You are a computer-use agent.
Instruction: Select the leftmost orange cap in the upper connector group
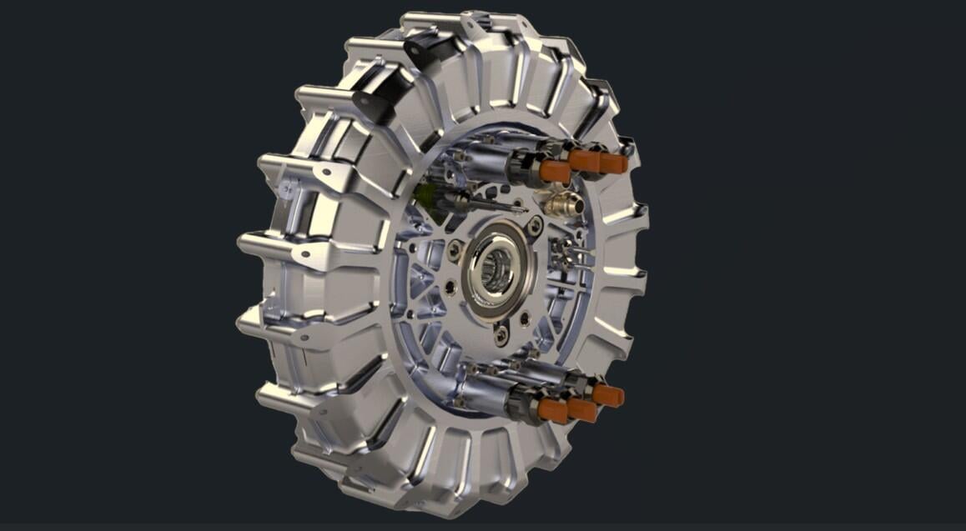[x=555, y=171]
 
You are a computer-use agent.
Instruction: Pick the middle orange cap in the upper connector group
[x=585, y=160]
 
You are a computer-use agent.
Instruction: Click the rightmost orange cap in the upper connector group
[x=613, y=163]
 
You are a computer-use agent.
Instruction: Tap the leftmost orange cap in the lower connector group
[x=553, y=410]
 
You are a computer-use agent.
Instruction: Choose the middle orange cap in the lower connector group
[x=581, y=409]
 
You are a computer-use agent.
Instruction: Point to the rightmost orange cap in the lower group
[x=608, y=395]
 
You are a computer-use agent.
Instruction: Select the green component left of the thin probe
[x=427, y=197]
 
